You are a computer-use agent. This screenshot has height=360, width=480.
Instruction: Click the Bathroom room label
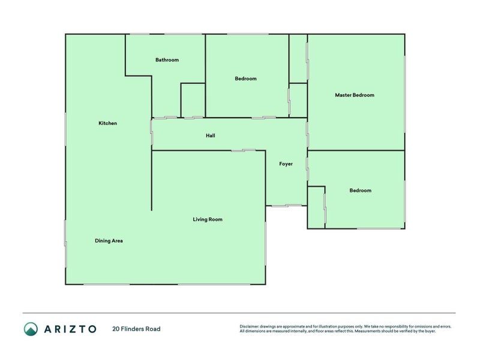pyautogui.click(x=167, y=60)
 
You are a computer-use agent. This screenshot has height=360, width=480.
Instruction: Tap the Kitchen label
pyautogui.click(x=107, y=123)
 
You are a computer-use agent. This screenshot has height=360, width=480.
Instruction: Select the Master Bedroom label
pyautogui.click(x=355, y=95)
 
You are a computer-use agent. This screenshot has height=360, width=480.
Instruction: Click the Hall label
pyautogui.click(x=210, y=136)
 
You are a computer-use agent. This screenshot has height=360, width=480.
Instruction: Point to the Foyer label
pyautogui.click(x=286, y=164)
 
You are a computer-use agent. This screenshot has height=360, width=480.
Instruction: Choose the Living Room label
pyautogui.click(x=208, y=220)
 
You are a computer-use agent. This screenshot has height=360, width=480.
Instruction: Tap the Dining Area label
pyautogui.click(x=109, y=241)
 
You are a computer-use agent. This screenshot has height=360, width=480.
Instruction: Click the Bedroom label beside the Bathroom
pyautogui.click(x=245, y=79)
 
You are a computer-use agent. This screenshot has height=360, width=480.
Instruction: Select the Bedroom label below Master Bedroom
pyautogui.click(x=360, y=191)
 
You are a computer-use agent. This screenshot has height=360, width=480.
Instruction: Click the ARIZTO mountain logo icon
pyautogui.click(x=31, y=329)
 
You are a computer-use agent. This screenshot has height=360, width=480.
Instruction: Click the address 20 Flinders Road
pyautogui.click(x=136, y=329)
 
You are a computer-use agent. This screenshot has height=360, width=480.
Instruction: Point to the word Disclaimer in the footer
pyautogui.click(x=250, y=326)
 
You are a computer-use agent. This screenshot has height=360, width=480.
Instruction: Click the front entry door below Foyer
pyautogui.click(x=286, y=206)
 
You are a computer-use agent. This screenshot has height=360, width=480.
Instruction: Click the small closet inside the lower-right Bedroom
pyautogui.click(x=316, y=207)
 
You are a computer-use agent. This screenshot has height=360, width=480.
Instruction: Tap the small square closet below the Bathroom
pyautogui.click(x=193, y=100)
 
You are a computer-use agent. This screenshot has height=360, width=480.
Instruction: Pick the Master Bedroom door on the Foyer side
pyautogui.click(x=307, y=134)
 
